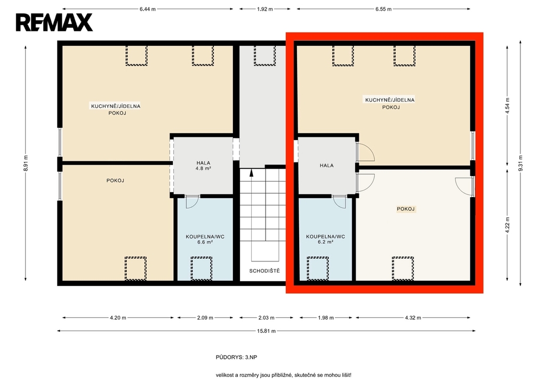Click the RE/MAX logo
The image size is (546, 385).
(54, 22)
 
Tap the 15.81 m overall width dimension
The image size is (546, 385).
(267, 331)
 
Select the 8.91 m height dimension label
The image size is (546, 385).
(26, 163)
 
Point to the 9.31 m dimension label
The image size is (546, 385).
(520, 163)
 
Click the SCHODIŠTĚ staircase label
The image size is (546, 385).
(264, 271)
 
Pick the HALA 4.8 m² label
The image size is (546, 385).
(203, 165)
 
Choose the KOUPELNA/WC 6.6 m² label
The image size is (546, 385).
(205, 239)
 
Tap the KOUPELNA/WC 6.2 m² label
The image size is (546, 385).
(326, 239)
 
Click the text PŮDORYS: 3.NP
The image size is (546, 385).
(236, 357)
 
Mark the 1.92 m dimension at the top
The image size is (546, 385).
(264, 9)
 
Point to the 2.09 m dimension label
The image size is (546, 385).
(205, 317)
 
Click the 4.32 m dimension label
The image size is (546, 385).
(413, 317)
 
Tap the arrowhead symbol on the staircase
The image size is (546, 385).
(252, 173)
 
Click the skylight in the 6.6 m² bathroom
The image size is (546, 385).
(201, 268)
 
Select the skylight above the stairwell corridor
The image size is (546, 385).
(264, 55)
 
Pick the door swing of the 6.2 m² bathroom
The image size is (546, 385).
(339, 202)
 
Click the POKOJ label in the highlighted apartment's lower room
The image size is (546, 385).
(406, 209)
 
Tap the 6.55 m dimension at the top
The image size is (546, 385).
(383, 9)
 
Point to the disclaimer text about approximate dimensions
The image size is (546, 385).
(284, 375)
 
